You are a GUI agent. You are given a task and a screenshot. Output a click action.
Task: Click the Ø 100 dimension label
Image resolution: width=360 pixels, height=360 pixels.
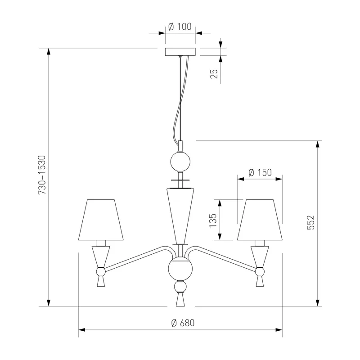point(180,27)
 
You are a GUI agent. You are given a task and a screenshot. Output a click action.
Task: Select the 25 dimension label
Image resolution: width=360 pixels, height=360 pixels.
point(214,74)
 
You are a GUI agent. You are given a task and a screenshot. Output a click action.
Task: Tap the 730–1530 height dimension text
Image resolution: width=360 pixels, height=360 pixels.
point(42,175)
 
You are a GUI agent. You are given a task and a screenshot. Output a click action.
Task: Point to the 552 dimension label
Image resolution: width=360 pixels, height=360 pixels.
point(310,222)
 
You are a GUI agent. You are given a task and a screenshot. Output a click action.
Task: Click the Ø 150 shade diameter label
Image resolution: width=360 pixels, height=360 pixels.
point(260,172)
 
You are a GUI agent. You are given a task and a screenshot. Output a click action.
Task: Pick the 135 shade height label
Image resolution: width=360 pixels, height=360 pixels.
point(213,220)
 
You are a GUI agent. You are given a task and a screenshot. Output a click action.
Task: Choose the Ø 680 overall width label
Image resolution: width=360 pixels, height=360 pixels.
point(183,323)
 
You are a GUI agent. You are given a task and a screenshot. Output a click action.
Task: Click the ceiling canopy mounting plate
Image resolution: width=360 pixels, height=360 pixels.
point(180,52)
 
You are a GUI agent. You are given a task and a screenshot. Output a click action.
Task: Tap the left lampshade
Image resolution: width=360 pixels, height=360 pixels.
point(101,220)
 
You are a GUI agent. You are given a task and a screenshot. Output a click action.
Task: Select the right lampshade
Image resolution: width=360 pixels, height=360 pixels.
point(260,220)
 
